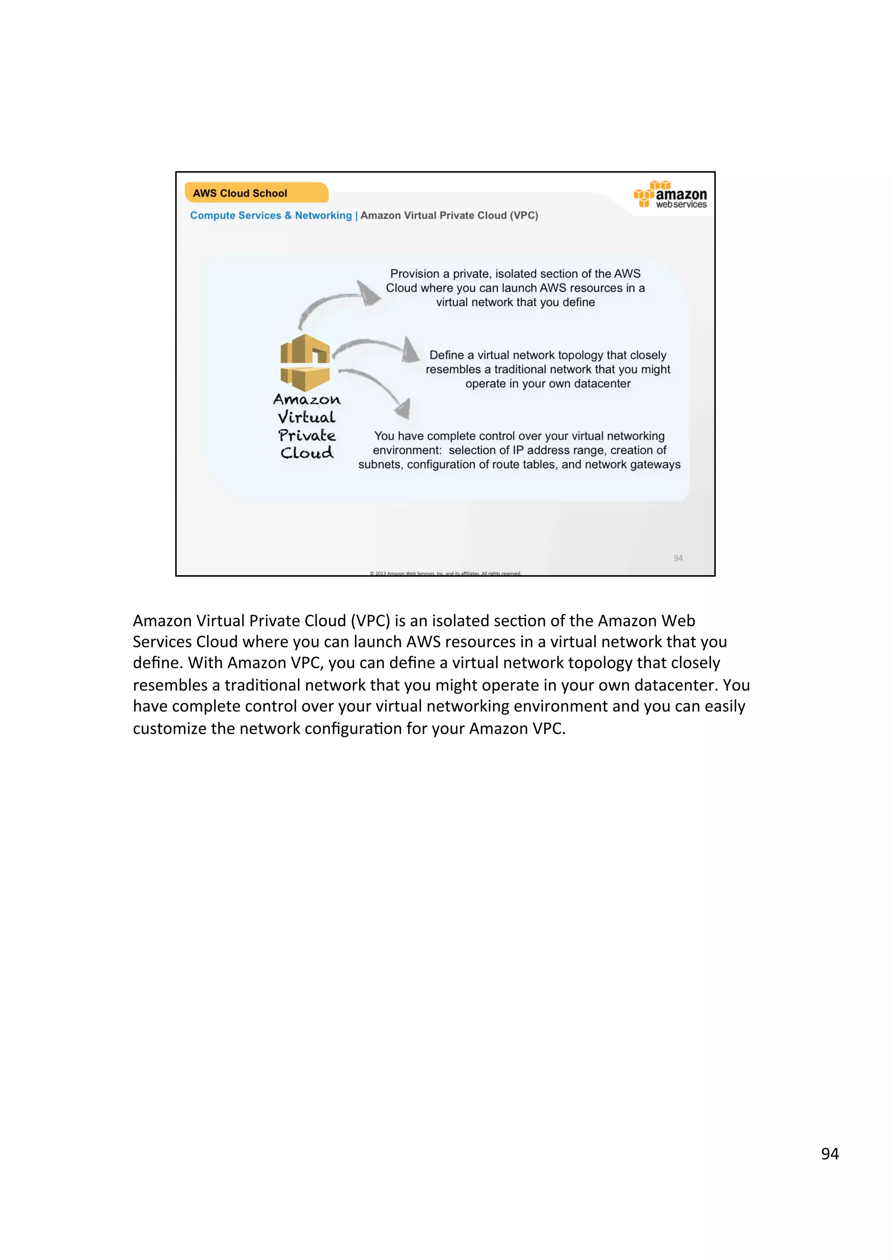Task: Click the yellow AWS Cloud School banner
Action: click(x=256, y=193)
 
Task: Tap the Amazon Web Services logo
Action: click(x=670, y=195)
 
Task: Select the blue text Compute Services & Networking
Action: click(x=271, y=216)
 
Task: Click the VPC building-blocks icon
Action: click(x=305, y=363)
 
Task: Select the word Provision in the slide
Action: click(x=415, y=274)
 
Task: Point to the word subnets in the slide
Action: click(x=379, y=465)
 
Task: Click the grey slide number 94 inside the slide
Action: click(x=678, y=558)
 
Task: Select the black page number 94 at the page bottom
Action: click(x=830, y=1154)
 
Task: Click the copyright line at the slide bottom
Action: click(x=445, y=573)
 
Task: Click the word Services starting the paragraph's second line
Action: click(x=162, y=642)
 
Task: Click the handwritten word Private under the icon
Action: click(x=307, y=436)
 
